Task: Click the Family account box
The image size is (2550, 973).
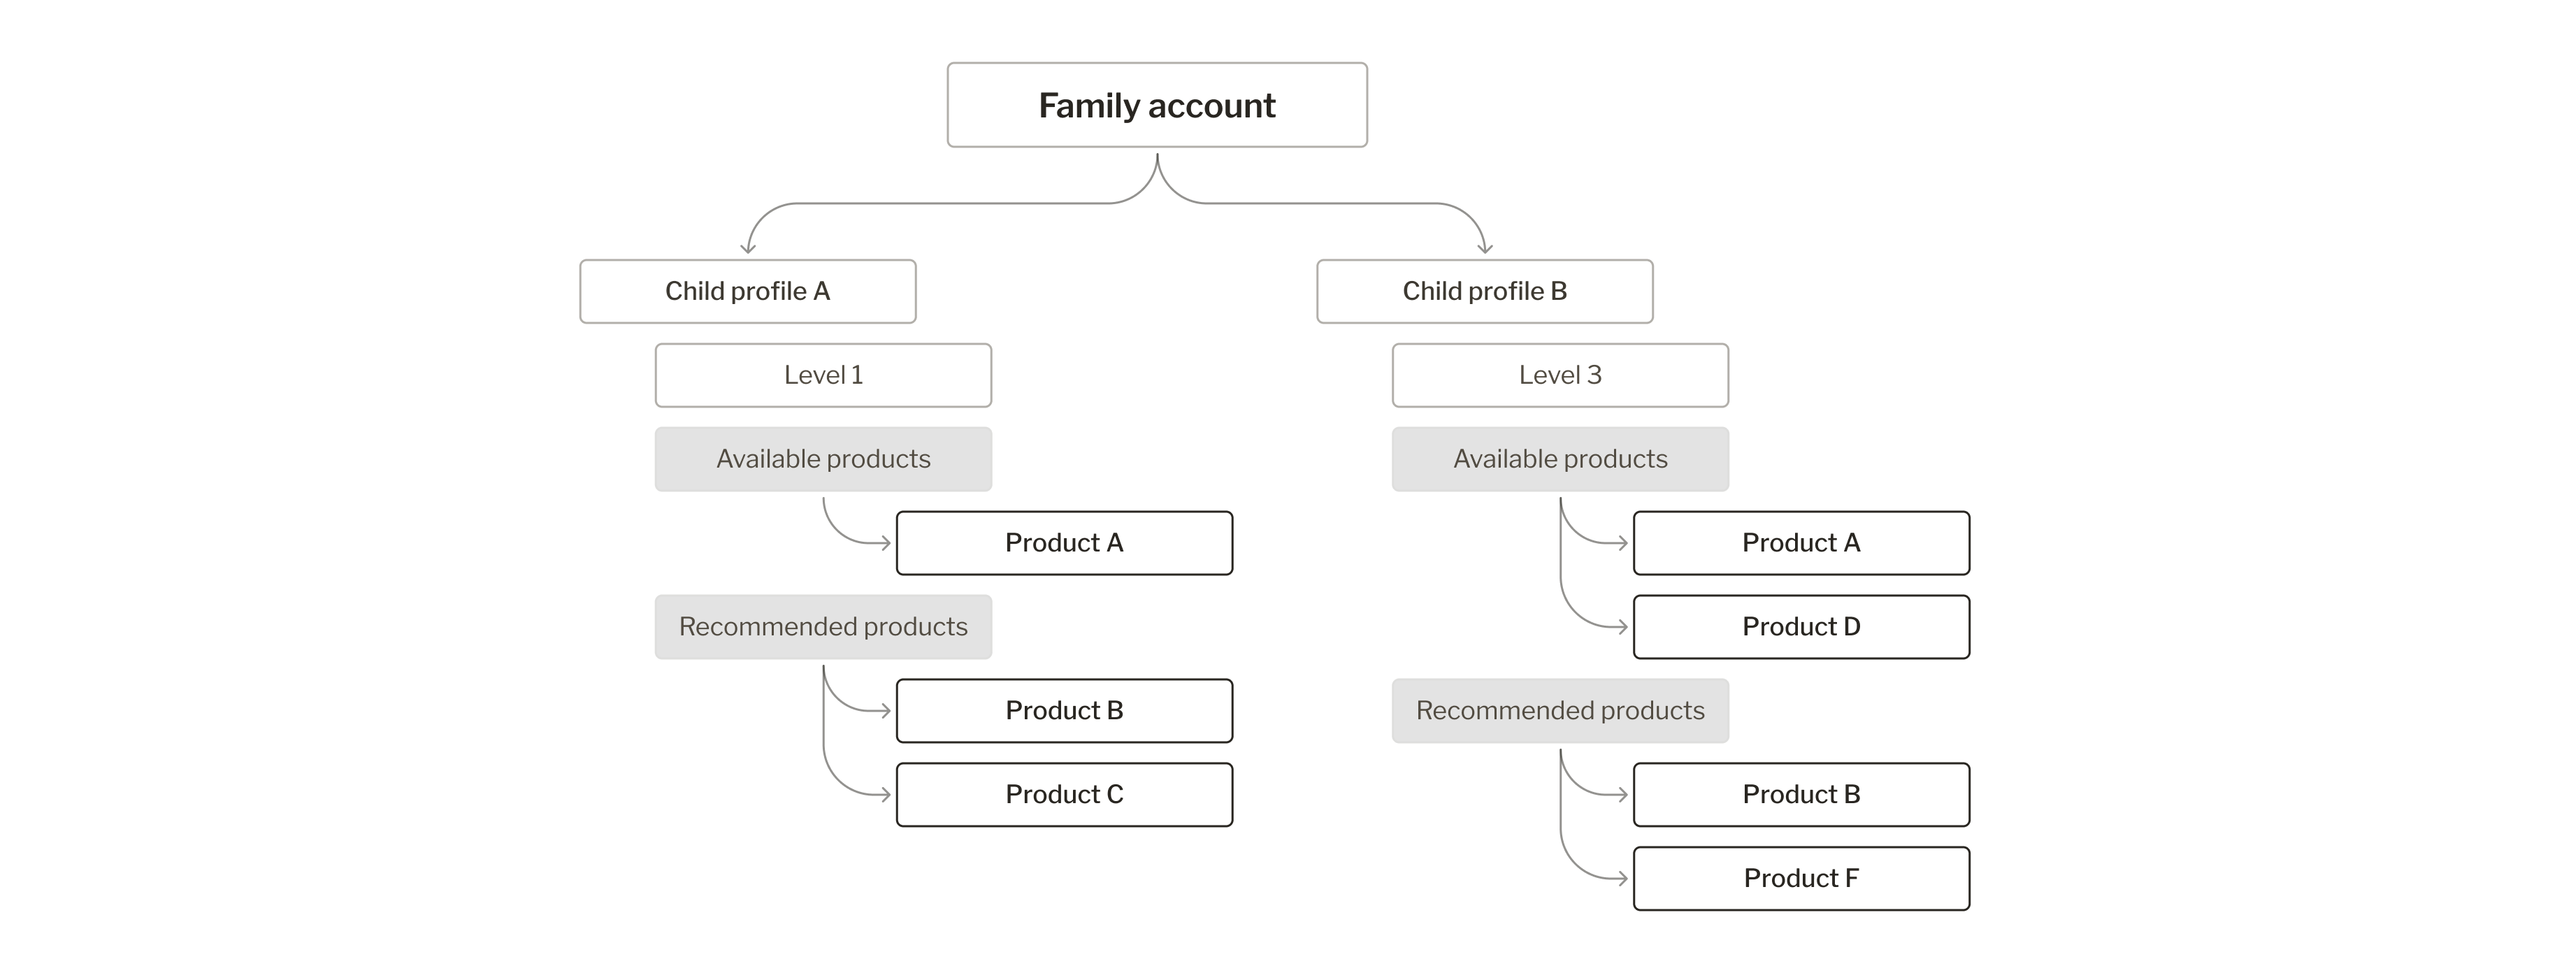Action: coord(1156,105)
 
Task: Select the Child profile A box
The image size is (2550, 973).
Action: coord(747,291)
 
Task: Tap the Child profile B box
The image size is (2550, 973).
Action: coord(1484,291)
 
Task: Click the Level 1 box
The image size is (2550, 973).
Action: coord(823,375)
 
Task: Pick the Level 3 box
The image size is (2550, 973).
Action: coord(1560,375)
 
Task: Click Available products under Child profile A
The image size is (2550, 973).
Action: coord(823,459)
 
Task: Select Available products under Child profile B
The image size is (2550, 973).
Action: coord(1560,459)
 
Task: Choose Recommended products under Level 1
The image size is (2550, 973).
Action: coord(823,626)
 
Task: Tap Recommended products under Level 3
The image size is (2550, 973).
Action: coord(1560,711)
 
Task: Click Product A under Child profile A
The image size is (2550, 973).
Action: coord(1064,542)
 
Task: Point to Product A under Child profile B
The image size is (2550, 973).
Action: coord(1801,542)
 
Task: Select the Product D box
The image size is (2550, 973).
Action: coord(1801,626)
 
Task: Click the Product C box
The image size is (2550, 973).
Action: coord(1064,794)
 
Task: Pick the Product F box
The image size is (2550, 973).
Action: coord(1801,878)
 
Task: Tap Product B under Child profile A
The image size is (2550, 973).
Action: coord(1064,711)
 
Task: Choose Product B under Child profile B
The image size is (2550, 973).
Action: coord(1801,794)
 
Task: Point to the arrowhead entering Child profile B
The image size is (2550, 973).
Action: coord(1484,248)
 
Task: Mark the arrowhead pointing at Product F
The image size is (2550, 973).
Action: coord(1622,878)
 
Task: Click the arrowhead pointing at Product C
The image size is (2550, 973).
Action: coord(885,794)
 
